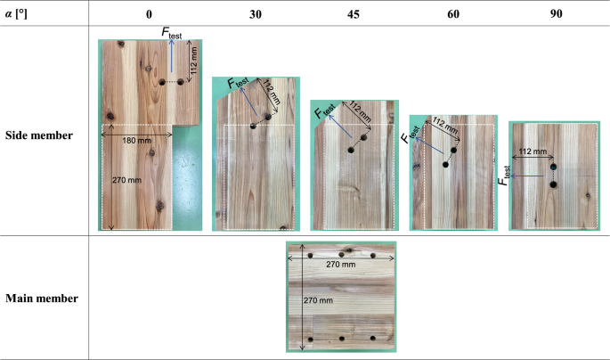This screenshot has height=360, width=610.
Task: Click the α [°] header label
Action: pyautogui.click(x=16, y=14)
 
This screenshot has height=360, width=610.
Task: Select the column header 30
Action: pyautogui.click(x=256, y=14)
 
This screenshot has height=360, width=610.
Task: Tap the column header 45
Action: pyautogui.click(x=354, y=14)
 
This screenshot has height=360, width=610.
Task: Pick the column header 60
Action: pyautogui.click(x=453, y=14)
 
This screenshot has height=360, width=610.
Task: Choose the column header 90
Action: pyautogui.click(x=556, y=14)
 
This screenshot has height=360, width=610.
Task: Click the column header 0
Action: pyautogui.click(x=149, y=14)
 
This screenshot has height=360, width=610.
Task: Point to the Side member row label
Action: pyautogui.click(x=39, y=135)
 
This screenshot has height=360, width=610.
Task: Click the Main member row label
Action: pyautogui.click(x=42, y=299)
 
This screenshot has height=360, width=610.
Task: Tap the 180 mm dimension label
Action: pyautogui.click(x=136, y=141)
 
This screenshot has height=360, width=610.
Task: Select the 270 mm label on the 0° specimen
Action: pyautogui.click(x=126, y=180)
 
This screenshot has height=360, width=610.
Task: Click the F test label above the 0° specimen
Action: pyautogui.click(x=172, y=32)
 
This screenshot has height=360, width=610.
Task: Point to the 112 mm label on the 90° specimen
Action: pyautogui.click(x=533, y=151)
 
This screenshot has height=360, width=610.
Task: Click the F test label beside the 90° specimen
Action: pyautogui.click(x=504, y=176)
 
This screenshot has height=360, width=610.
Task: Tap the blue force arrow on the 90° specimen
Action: pyautogui.click(x=527, y=176)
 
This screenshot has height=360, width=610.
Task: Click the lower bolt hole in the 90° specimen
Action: pyautogui.click(x=553, y=184)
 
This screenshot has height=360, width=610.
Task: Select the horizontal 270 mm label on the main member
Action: pyautogui.click(x=341, y=265)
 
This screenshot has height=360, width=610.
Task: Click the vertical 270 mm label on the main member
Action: pyautogui.click(x=318, y=300)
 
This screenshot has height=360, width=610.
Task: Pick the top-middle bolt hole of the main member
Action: pyautogui.click(x=341, y=255)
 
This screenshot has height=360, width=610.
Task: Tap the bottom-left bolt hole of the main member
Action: pyautogui.click(x=311, y=340)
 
